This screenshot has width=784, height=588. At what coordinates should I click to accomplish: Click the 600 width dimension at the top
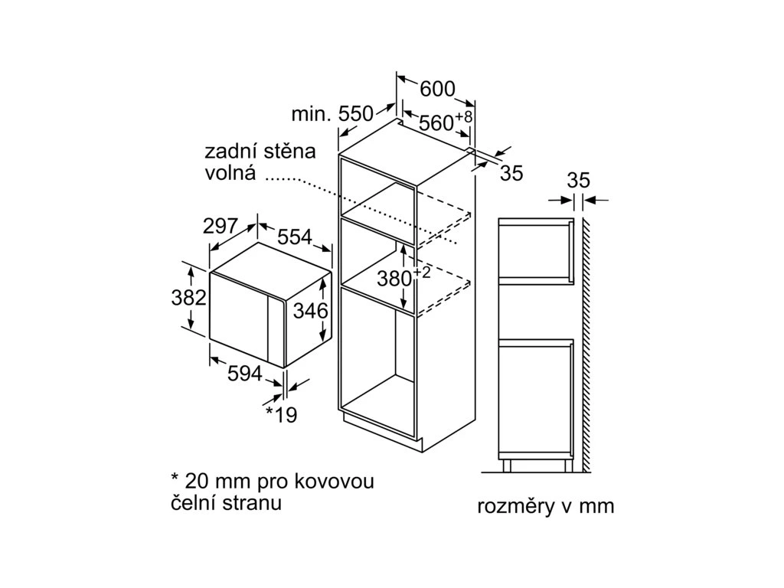438,89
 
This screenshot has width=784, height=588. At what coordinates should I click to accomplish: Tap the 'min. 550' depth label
332,115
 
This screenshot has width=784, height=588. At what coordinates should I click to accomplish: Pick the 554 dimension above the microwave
294,237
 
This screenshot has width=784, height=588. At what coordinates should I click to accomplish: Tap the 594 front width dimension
245,374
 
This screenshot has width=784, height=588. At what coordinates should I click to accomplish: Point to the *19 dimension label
281,414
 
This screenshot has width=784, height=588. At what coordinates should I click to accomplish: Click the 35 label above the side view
578,181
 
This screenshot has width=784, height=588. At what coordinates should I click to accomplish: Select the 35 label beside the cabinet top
511,174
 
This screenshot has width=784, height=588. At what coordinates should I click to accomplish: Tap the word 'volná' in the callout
229,173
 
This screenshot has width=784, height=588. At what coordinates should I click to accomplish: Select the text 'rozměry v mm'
545,507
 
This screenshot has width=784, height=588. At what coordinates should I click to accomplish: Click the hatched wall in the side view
586,345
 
